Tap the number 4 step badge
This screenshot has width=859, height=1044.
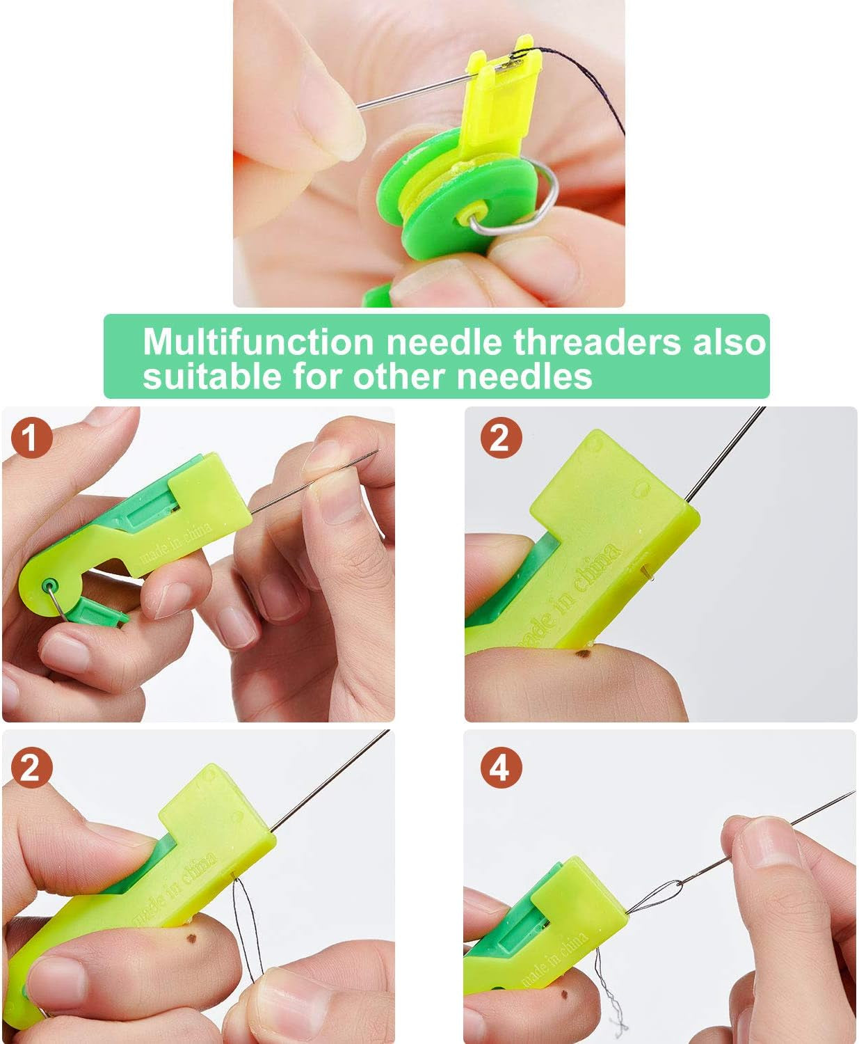tap(499, 768)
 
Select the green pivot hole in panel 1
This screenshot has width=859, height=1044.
tap(49, 583)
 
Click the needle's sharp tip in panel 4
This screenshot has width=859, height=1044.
tap(853, 793)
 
